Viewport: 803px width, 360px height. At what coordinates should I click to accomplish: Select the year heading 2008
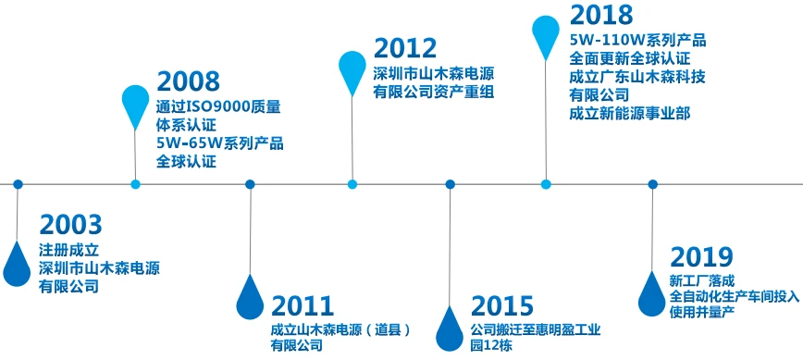[x=189, y=81]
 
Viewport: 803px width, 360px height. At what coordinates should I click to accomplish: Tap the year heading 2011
[x=303, y=306]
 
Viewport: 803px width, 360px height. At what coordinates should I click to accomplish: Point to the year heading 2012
[x=405, y=49]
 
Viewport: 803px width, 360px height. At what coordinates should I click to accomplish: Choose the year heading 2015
[x=502, y=306]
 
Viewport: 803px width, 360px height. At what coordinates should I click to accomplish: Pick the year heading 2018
[x=601, y=16]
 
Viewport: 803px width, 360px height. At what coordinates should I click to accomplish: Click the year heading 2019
[x=701, y=257]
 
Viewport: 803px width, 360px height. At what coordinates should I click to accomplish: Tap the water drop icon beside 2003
[x=17, y=263]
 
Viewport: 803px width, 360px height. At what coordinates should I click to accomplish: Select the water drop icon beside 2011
[x=250, y=296]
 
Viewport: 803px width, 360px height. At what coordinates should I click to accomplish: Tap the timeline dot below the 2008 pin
[x=136, y=184]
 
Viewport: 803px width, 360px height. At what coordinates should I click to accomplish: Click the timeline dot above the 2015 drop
[x=450, y=184]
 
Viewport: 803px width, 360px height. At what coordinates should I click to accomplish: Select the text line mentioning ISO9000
[x=218, y=106]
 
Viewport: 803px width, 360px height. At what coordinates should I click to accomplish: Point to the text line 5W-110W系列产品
[x=637, y=40]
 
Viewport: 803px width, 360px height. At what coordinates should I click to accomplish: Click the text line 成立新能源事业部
[x=629, y=113]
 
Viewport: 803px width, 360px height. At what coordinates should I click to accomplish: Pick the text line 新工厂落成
[x=701, y=279]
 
